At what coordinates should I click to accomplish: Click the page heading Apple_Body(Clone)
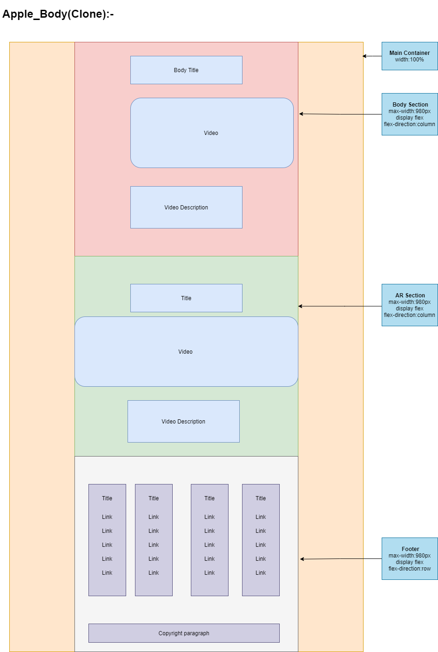58,14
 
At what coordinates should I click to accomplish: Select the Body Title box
186,70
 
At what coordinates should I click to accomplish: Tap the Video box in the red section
212,133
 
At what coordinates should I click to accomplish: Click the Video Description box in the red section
186,208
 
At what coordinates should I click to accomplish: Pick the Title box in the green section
186,298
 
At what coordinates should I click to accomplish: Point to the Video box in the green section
186,352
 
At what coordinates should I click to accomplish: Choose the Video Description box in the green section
183,422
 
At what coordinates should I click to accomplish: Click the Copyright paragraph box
184,633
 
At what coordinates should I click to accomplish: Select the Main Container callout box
410,56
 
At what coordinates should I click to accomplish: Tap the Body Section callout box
410,114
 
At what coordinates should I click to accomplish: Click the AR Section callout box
410,305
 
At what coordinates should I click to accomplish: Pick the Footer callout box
410,559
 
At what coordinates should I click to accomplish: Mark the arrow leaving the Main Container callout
372,56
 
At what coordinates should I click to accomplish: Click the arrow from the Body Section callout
340,114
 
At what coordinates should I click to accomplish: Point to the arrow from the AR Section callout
340,306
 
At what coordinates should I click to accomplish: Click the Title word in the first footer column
107,498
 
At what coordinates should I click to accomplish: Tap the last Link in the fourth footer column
261,573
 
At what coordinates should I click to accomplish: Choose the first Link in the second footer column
154,517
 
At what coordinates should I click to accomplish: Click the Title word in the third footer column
209,498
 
